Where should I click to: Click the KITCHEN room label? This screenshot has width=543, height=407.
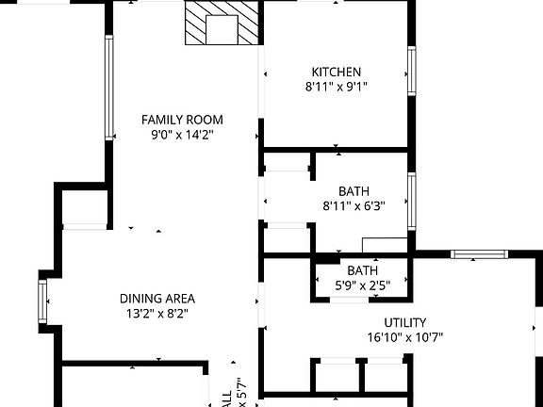pos(337,72)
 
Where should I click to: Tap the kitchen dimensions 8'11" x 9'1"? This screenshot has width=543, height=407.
pos(337,87)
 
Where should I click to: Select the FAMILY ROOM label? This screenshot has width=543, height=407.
pos(182,119)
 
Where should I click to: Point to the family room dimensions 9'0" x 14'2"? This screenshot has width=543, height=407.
pos(182,135)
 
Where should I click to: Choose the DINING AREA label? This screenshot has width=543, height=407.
pos(157,299)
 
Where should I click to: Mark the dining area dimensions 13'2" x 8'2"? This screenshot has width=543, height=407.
pos(157,315)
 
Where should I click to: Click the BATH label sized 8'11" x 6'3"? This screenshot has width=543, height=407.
pos(354,191)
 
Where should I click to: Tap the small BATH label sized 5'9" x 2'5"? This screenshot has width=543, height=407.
pos(363,270)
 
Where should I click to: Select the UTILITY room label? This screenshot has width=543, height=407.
pos(405,322)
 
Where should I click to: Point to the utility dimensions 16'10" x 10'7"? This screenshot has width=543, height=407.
pos(405,337)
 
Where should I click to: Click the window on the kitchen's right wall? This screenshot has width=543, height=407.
pos(412,71)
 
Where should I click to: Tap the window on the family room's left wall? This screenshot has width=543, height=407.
pos(109,87)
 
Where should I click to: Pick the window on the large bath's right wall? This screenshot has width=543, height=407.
pos(412,201)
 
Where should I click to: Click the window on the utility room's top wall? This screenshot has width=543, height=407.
pos(480,253)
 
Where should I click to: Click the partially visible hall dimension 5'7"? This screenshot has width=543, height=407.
pos(241,392)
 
